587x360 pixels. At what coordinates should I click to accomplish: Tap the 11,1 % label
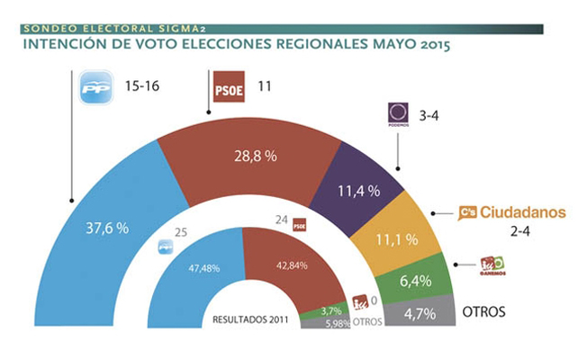[395, 238]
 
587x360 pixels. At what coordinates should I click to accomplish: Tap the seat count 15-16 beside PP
[141, 88]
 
